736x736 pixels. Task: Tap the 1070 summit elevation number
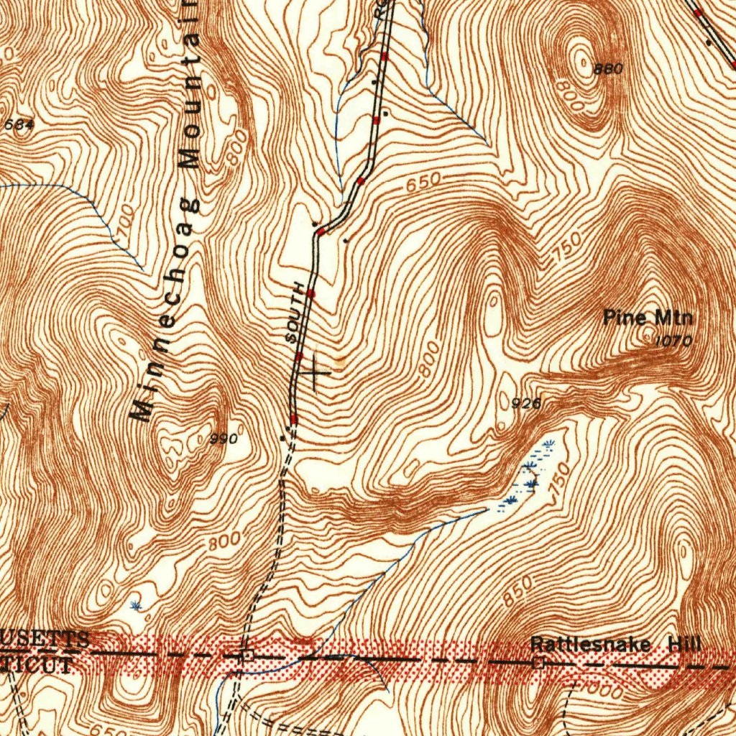[673, 342]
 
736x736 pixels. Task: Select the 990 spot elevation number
[223, 438]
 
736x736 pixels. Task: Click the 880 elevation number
[608, 69]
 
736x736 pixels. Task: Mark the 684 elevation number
[19, 124]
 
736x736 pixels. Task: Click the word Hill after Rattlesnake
[684, 644]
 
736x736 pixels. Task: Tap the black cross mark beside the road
[315, 372]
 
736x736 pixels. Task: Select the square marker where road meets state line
[247, 655]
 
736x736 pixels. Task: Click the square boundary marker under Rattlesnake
[538, 663]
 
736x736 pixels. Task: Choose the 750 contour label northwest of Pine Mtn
[567, 249]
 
